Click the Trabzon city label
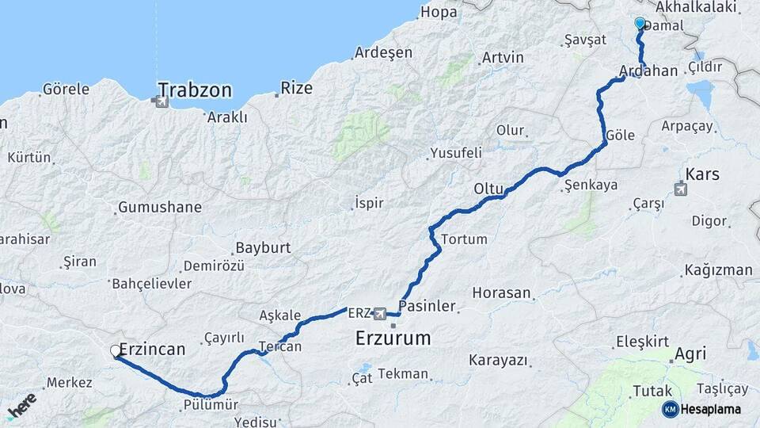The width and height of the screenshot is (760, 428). click(195, 90)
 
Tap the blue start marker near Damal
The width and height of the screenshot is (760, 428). click(640, 24)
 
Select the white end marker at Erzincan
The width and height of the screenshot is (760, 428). click(116, 350)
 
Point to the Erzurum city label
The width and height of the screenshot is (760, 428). click(393, 338)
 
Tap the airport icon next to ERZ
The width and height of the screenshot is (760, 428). click(380, 314)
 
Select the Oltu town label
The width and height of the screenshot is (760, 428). click(488, 189)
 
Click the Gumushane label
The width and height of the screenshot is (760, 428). click(159, 208)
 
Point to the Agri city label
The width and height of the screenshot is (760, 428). click(691, 354)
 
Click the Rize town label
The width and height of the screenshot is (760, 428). click(297, 88)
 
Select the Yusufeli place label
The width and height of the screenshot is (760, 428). click(456, 153)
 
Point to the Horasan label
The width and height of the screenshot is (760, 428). click(501, 292)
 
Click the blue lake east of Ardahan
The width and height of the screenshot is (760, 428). click(700, 94)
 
